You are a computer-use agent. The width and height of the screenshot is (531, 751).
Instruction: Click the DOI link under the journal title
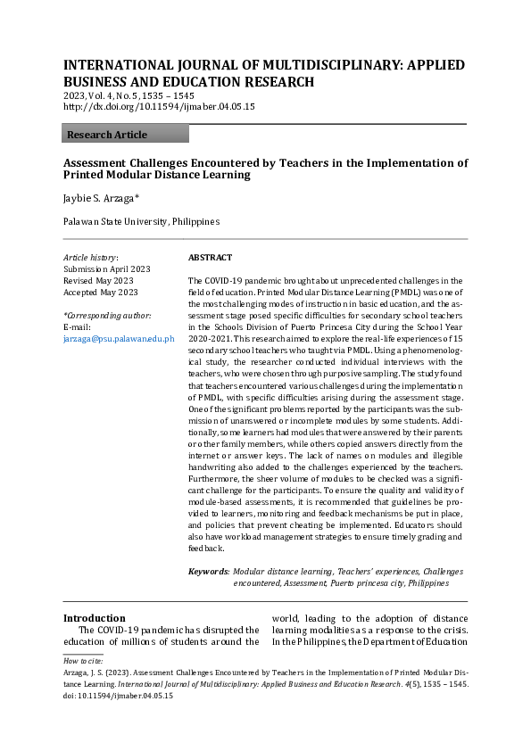point(159,106)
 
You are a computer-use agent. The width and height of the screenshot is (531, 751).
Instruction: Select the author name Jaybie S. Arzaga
point(99,198)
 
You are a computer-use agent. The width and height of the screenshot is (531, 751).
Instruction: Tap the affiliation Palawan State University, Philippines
point(140,221)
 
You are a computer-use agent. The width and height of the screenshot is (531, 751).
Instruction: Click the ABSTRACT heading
point(210,257)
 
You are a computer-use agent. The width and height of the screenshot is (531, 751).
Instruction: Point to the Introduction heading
point(94,617)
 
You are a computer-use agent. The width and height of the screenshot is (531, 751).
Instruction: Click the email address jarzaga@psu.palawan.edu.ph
point(119,339)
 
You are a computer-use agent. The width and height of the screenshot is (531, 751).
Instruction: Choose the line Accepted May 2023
point(100,292)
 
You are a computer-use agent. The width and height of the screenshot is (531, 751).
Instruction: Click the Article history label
point(90,257)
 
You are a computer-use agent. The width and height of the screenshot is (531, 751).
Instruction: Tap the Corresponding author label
point(107,316)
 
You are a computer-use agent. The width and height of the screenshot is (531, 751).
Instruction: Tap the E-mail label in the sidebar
point(78,327)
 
